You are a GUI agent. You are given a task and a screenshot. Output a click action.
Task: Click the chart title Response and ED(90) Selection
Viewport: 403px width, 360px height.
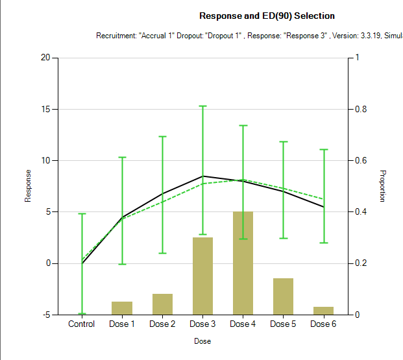(x=267, y=16)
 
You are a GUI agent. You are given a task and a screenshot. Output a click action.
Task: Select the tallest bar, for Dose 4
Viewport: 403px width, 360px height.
(x=243, y=263)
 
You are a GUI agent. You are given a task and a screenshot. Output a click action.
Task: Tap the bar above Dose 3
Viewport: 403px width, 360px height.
(x=202, y=276)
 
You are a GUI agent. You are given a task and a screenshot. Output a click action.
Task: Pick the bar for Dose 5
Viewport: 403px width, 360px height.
(x=283, y=296)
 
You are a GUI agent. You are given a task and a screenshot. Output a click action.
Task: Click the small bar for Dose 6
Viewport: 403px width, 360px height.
(x=323, y=311)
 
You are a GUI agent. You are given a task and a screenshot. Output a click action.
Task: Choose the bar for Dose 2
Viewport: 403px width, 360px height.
(x=162, y=304)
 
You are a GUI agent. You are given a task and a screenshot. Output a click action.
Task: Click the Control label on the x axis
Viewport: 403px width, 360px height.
(x=82, y=324)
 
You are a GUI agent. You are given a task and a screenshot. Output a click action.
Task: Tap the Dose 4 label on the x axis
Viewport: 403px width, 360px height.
(x=243, y=324)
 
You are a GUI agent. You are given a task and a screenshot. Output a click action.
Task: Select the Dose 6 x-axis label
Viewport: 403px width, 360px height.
(x=323, y=324)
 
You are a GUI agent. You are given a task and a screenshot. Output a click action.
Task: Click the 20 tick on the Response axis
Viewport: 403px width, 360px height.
(x=45, y=58)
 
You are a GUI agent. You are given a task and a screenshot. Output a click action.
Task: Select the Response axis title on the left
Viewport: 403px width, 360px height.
(x=28, y=186)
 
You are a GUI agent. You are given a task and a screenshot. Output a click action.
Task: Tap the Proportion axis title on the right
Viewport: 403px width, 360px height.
(x=383, y=186)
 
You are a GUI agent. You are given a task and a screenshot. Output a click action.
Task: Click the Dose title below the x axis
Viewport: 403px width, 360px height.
(x=202, y=341)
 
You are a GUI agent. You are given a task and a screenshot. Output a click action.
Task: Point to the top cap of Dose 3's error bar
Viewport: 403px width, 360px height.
(x=202, y=106)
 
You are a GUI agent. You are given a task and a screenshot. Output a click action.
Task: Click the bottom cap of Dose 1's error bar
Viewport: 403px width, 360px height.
(x=122, y=264)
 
